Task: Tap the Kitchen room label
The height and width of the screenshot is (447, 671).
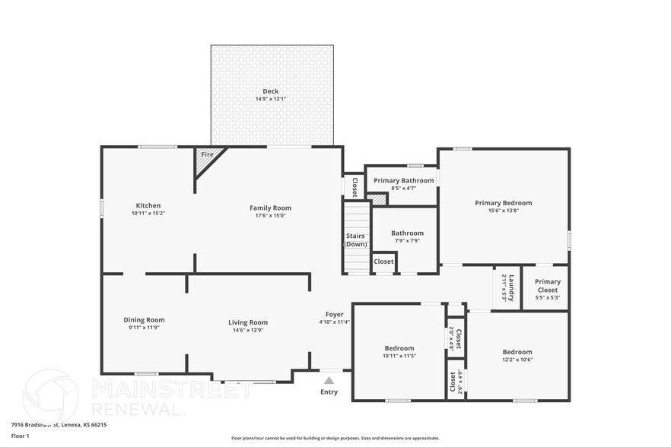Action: pyautogui.click(x=148, y=205)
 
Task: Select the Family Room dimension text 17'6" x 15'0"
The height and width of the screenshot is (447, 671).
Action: pyautogui.click(x=271, y=215)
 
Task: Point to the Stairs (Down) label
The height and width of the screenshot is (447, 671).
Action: pyautogui.click(x=355, y=239)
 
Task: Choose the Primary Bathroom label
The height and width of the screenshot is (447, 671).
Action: pyautogui.click(x=403, y=180)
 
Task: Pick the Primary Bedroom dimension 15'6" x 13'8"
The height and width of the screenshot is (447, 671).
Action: pyautogui.click(x=503, y=211)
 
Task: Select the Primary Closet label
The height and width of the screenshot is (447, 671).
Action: pyautogui.click(x=547, y=286)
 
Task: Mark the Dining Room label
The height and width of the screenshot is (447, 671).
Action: pyautogui.click(x=144, y=320)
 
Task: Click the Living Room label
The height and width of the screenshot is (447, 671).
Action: pyautogui.click(x=248, y=322)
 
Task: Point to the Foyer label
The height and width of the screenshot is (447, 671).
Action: pyautogui.click(x=335, y=314)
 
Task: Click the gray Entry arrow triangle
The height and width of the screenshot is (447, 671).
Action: pyautogui.click(x=329, y=380)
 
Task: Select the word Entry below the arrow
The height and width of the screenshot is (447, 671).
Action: pyautogui.click(x=329, y=392)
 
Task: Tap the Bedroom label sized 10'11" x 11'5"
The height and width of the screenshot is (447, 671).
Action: pyautogui.click(x=399, y=348)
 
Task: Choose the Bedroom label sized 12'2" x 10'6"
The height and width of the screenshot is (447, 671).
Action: pyautogui.click(x=517, y=352)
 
